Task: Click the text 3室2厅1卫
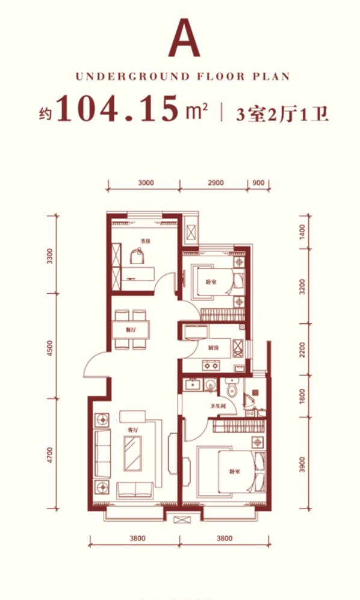point(282,112)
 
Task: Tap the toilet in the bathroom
point(232,390)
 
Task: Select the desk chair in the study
point(138,258)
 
